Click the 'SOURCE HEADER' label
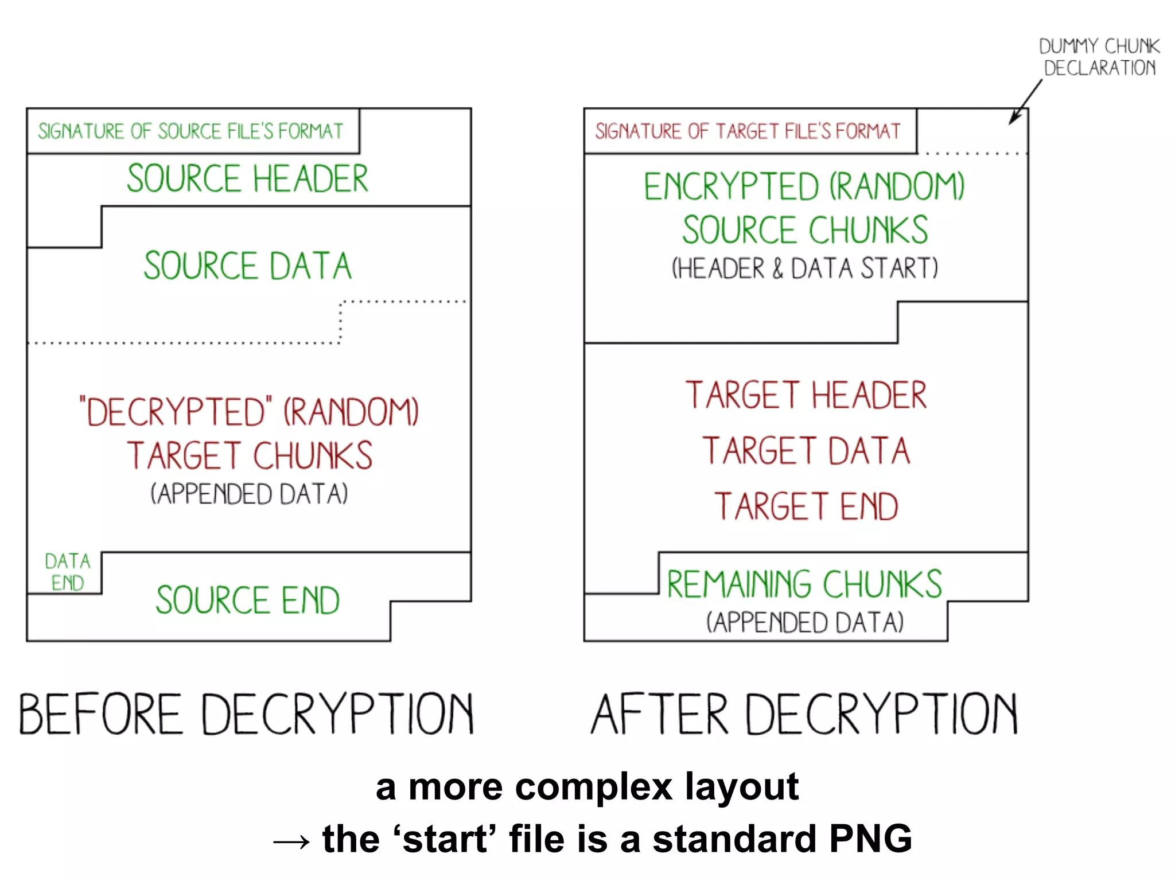point(247,178)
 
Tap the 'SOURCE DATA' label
point(247,266)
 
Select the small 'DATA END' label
point(67,572)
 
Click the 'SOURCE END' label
point(247,600)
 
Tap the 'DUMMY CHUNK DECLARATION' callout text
point(1099,57)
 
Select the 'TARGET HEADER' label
point(806,395)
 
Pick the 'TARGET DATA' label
point(806,451)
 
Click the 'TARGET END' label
point(806,506)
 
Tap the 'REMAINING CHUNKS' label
point(804,584)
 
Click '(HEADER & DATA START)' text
point(804,268)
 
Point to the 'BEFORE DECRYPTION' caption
point(247,714)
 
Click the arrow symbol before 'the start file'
point(291,841)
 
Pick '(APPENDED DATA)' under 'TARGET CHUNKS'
point(249,494)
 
